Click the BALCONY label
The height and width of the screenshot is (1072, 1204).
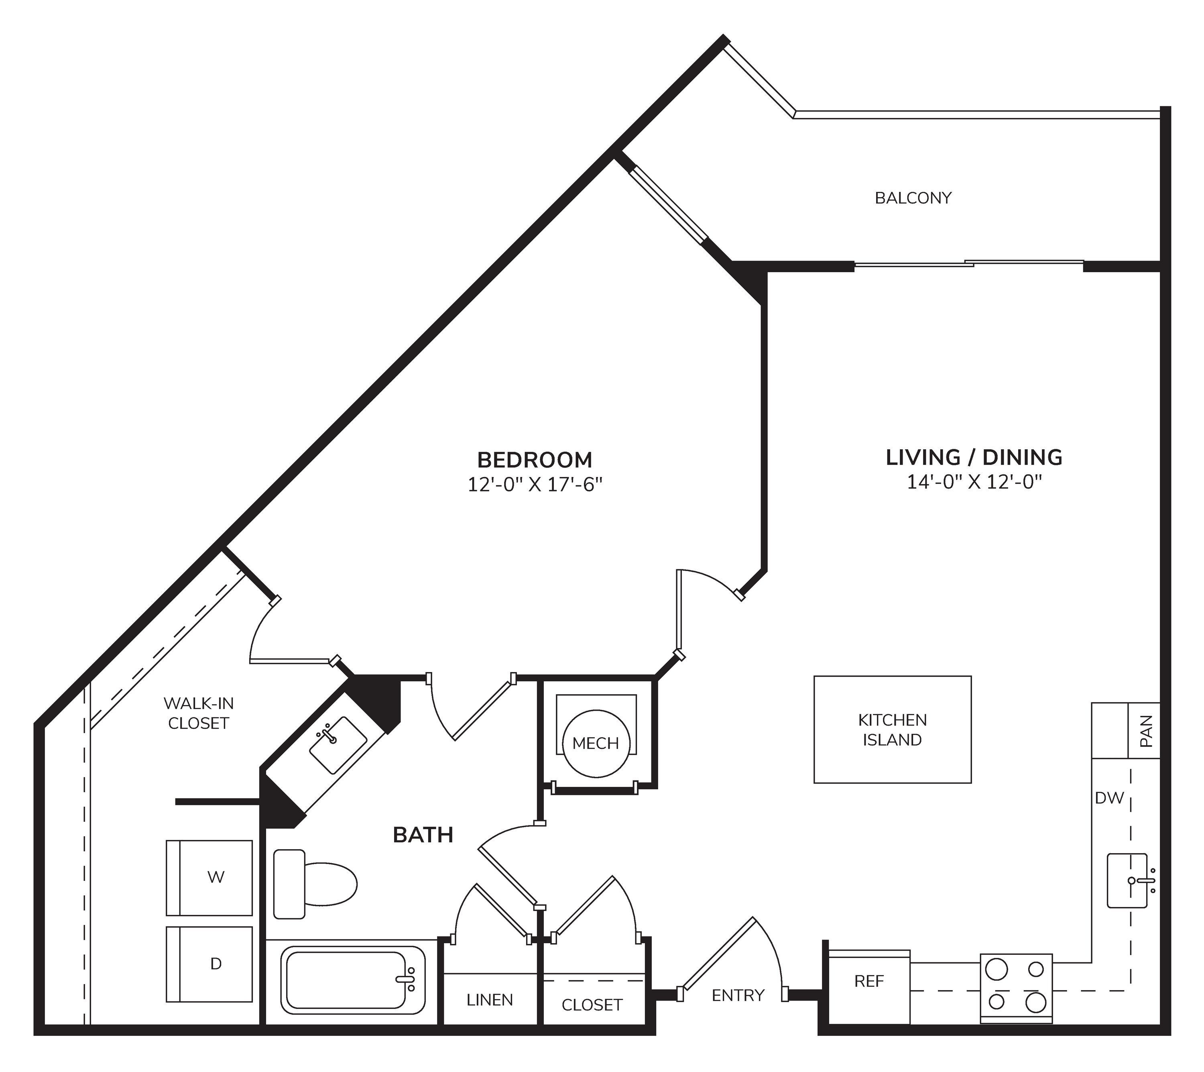pyautogui.click(x=913, y=198)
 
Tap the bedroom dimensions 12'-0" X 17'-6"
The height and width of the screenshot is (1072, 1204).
pyautogui.click(x=535, y=485)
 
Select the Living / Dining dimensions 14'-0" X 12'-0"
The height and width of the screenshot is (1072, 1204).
pyautogui.click(x=974, y=482)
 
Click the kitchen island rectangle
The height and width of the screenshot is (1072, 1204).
pyautogui.click(x=893, y=730)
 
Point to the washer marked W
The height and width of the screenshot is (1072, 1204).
pyautogui.click(x=210, y=878)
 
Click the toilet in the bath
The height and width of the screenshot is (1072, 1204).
pyautogui.click(x=315, y=884)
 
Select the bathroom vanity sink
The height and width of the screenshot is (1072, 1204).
pyautogui.click(x=338, y=745)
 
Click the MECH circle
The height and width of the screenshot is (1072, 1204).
pyautogui.click(x=596, y=743)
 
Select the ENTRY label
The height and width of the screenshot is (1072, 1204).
pyautogui.click(x=738, y=995)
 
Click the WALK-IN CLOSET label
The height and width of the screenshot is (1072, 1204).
pyautogui.click(x=199, y=713)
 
